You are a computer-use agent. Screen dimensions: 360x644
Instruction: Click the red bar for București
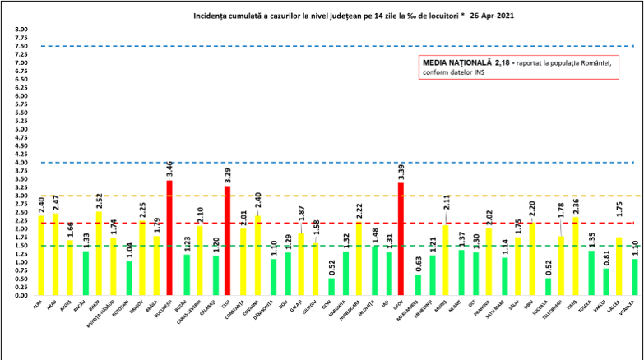coord(169,238)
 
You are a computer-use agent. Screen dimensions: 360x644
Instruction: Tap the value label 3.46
coord(169,171)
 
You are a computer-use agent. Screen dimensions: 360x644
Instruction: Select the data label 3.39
coord(401,173)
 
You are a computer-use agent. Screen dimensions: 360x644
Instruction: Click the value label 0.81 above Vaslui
coord(606,259)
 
